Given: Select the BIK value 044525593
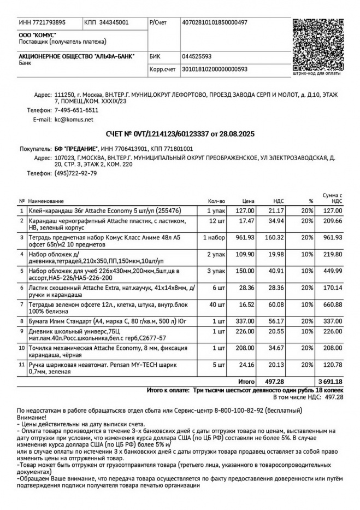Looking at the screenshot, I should [x=197, y=56].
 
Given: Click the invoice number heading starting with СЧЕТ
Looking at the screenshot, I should [x=180, y=134].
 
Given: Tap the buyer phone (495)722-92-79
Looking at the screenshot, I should [x=76, y=173].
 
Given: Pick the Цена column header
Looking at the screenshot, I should [x=249, y=201].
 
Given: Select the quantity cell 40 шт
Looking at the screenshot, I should [x=216, y=304].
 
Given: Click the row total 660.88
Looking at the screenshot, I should [x=332, y=304].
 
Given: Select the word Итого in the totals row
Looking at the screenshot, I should [x=247, y=381].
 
